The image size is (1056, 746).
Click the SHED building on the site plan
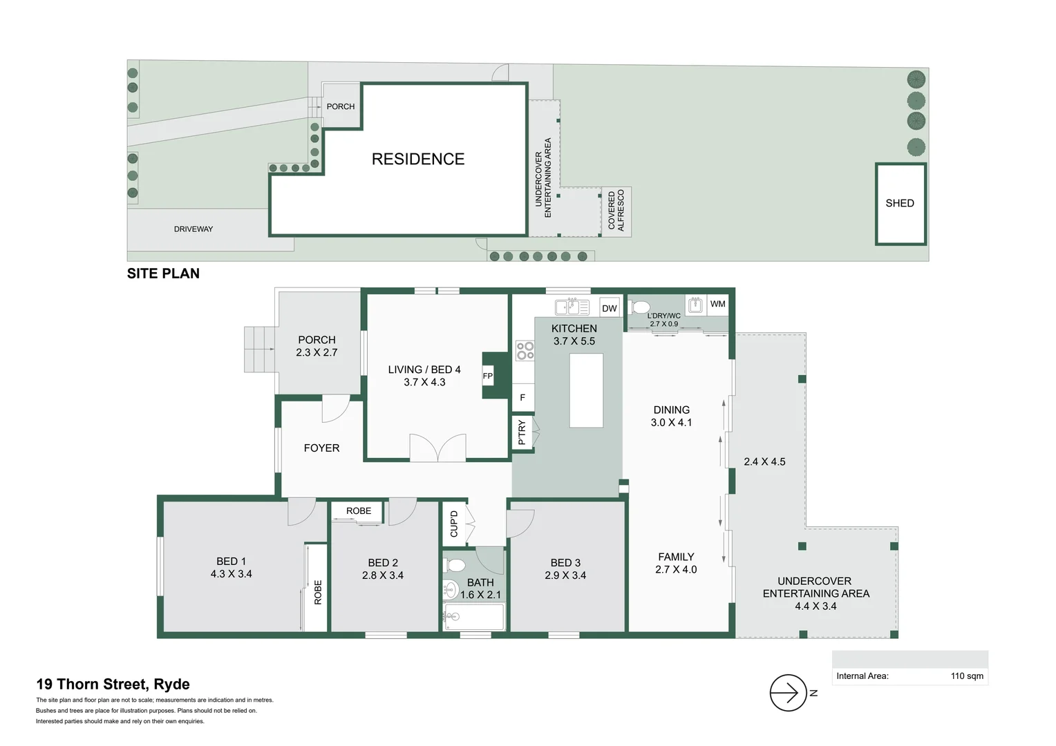pyautogui.click(x=900, y=204)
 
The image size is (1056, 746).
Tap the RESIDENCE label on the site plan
pyautogui.click(x=418, y=159)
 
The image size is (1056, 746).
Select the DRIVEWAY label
pyautogui.click(x=194, y=229)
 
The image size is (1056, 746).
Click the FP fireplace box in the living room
pyautogui.click(x=488, y=376)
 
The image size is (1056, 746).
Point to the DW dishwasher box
pyautogui.click(x=609, y=308)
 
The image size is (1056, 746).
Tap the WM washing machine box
pyautogui.click(x=717, y=304)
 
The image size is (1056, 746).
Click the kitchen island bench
pyautogui.click(x=586, y=390)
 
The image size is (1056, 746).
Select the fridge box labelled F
pyautogui.click(x=522, y=398)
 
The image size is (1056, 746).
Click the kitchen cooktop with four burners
pyautogui.click(x=525, y=351)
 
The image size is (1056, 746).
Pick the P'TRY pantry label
pyautogui.click(x=522, y=432)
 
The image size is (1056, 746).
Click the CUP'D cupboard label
pyautogui.click(x=454, y=524)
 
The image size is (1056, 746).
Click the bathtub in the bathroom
pyautogui.click(x=474, y=617)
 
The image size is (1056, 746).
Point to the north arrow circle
pyautogui.click(x=788, y=693)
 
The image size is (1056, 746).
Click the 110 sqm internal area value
pyautogui.click(x=966, y=676)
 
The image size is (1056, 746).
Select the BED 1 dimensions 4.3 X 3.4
pyautogui.click(x=231, y=574)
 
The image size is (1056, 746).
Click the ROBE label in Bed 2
pyautogui.click(x=359, y=511)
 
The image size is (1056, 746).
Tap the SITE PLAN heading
pyautogui.click(x=163, y=274)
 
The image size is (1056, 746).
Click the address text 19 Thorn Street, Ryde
pyautogui.click(x=113, y=685)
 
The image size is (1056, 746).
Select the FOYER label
pyautogui.click(x=321, y=448)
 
